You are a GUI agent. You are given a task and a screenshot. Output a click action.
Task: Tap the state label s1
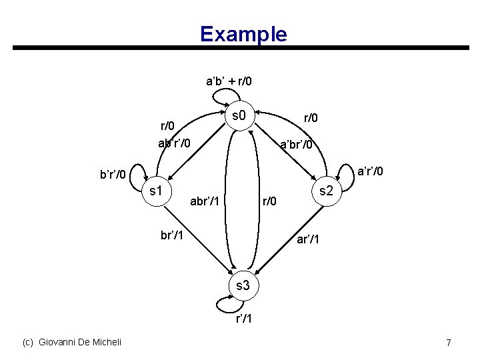click(157, 191)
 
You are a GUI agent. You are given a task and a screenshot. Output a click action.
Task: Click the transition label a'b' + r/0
click(229, 82)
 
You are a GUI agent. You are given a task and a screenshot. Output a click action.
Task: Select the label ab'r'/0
click(175, 143)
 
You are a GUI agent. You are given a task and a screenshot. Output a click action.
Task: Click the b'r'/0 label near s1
click(113, 175)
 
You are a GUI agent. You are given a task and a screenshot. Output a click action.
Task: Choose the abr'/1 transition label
click(207, 199)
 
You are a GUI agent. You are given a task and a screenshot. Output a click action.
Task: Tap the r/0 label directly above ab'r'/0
click(167, 126)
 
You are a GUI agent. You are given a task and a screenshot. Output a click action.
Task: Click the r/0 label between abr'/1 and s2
click(269, 199)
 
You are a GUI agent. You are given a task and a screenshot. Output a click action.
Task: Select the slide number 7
click(449, 343)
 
